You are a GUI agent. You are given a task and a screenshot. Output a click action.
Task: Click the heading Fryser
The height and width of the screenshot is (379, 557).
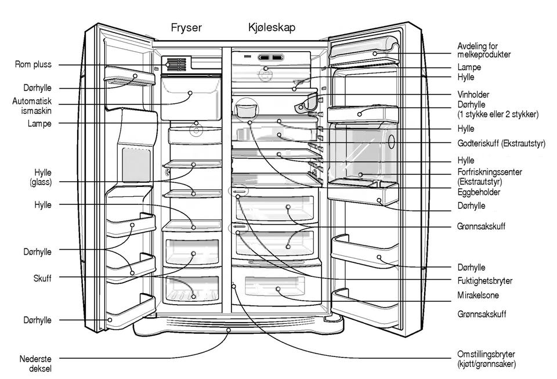point(186,28)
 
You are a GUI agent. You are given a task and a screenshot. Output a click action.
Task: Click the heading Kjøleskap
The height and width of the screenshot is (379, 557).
point(272,27)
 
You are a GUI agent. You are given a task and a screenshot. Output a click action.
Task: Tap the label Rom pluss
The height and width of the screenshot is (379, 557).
point(33,64)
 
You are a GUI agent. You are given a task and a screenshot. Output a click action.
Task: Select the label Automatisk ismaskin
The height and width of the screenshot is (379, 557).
point(31,106)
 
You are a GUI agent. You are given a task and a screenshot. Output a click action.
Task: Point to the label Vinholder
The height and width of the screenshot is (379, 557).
point(473,95)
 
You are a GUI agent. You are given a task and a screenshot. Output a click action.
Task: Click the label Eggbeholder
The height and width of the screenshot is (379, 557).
point(479,192)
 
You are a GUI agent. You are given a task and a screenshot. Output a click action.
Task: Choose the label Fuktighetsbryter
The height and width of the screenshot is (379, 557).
point(485,281)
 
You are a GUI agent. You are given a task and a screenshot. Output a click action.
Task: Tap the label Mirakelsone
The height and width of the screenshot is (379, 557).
point(478,295)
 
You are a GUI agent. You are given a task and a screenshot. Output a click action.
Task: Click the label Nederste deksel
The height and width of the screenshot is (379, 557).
point(35,363)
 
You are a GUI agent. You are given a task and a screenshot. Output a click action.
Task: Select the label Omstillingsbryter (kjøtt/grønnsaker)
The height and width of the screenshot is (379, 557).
point(486,359)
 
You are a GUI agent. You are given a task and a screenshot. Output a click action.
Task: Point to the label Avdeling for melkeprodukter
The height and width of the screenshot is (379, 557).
point(484,50)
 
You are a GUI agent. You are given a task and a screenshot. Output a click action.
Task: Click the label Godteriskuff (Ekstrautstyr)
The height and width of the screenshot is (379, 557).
point(501,143)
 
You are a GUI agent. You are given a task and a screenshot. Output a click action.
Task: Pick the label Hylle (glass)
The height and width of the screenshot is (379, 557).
point(41,177)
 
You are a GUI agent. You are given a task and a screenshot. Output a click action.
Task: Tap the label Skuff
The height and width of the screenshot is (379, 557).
point(42,278)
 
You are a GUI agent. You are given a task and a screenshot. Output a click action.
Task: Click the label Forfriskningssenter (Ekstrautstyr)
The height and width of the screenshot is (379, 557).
point(490,177)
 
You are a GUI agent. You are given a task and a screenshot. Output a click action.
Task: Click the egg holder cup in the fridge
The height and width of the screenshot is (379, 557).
point(246,109)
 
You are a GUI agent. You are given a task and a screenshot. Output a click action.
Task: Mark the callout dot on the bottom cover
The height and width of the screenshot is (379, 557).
point(229,330)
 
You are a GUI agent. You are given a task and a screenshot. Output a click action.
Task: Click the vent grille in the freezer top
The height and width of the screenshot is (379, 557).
point(176,64)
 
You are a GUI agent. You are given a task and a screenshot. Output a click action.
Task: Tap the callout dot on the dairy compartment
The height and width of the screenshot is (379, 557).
point(375,53)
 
